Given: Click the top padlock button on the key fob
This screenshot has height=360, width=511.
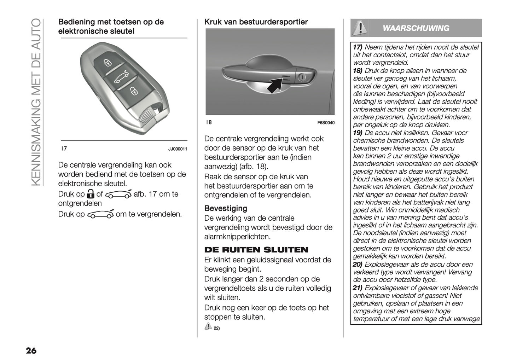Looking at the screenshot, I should point(108,63).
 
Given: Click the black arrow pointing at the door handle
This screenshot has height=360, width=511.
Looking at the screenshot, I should point(275,86).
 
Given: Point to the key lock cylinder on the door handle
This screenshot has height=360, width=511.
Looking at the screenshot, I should point(303,77).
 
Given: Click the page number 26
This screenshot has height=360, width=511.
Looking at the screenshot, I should point(31,350).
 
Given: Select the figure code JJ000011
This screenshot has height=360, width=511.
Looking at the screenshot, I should point(178,149).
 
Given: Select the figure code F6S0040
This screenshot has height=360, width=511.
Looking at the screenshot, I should point(326,123).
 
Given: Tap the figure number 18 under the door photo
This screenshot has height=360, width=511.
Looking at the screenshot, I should point(209,122).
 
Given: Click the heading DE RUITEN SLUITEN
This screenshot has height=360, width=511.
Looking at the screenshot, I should point(256,250).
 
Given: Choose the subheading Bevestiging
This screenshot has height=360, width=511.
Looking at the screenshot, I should point(226,208).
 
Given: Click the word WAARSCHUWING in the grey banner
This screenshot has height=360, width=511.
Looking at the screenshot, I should point(416,28).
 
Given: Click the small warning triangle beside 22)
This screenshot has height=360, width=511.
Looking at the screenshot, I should point(208,326).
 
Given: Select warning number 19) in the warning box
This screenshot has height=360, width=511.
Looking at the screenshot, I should point(358,133).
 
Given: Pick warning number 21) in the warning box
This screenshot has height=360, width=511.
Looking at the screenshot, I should point(358,288).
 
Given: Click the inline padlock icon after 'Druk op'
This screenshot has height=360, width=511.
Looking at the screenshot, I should point(91,194).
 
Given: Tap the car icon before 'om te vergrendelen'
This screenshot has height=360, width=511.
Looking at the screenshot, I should point(100,214).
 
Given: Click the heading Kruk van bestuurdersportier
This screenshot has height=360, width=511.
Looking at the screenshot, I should point(256,22).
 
